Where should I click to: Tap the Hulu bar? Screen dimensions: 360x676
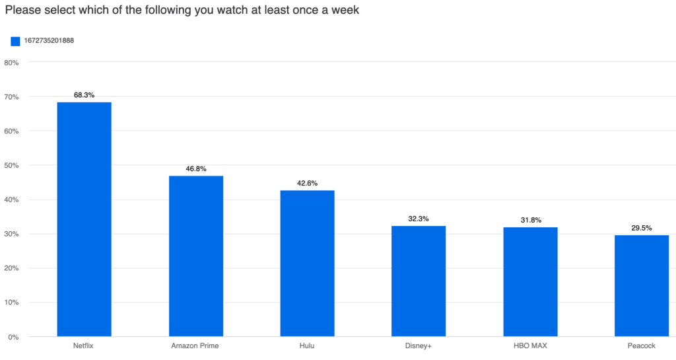pyautogui.click(x=307, y=264)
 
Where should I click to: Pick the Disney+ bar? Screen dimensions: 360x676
pyautogui.click(x=418, y=281)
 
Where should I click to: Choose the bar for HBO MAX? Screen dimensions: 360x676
pyautogui.click(x=529, y=282)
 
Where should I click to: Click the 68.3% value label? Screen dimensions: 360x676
pyautogui.click(x=84, y=95)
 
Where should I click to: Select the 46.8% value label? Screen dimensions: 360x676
pyautogui.click(x=195, y=169)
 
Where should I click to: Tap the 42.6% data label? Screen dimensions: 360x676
pyautogui.click(x=307, y=183)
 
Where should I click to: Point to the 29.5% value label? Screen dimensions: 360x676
pyautogui.click(x=641, y=228)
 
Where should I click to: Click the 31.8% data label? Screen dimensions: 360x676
pyautogui.click(x=529, y=220)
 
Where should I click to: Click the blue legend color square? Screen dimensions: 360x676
pyautogui.click(x=15, y=41)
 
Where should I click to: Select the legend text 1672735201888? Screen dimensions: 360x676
pyautogui.click(x=48, y=41)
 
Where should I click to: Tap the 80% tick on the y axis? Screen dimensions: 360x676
pyautogui.click(x=11, y=63)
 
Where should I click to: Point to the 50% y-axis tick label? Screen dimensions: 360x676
pyautogui.click(x=11, y=166)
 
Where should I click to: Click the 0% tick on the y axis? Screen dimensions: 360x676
pyautogui.click(x=13, y=338)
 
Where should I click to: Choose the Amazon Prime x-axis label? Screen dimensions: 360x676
pyautogui.click(x=195, y=346)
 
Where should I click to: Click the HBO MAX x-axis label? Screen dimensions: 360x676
pyautogui.click(x=529, y=346)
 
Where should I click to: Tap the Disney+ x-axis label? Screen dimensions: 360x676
pyautogui.click(x=418, y=346)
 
